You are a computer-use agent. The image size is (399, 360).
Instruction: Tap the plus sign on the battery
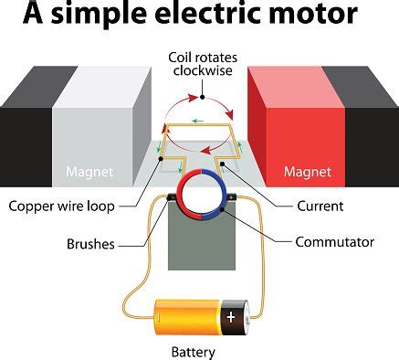coord(231,317)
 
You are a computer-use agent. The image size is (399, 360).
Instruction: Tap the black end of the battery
coord(236,316)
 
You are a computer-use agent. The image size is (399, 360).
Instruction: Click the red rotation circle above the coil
coord(198,95)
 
